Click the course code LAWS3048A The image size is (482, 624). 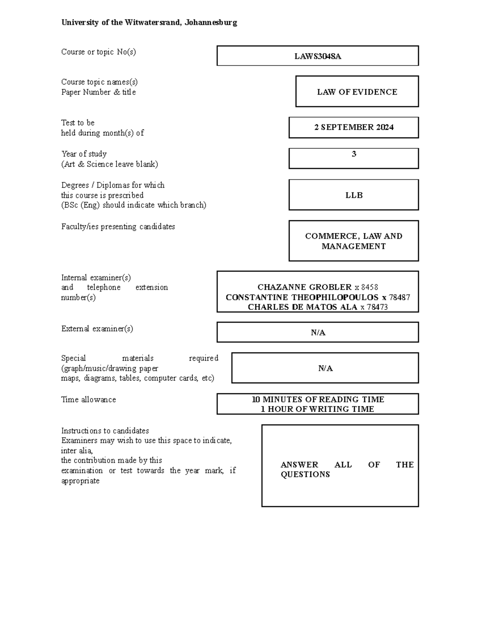point(317,56)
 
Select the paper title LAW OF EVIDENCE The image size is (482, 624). point(357,92)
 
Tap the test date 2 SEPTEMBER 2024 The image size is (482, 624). point(353,127)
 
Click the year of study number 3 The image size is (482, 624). point(354,154)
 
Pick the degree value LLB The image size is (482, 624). point(354,195)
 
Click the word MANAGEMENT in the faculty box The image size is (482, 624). point(353,246)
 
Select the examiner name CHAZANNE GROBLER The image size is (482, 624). point(304,287)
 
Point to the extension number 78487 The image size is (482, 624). point(400,297)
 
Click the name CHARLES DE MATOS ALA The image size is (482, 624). point(302,307)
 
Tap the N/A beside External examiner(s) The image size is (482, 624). point(318,333)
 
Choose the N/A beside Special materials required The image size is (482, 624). point(325,368)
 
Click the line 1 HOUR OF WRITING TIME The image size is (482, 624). point(317,409)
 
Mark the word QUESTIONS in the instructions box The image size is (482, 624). point(305,475)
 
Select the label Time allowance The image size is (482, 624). point(88,399)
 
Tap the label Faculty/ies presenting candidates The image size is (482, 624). point(118,227)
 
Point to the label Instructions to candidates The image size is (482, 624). point(105,431)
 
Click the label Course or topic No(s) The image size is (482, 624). point(98,52)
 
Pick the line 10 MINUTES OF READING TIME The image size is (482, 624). point(318,399)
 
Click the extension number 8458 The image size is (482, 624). point(370,287)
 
